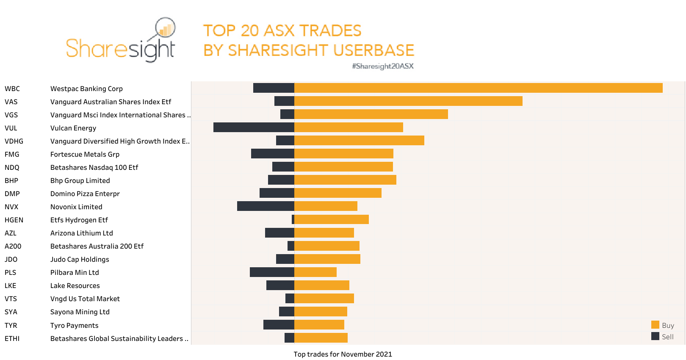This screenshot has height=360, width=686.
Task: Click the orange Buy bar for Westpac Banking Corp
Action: point(479,88)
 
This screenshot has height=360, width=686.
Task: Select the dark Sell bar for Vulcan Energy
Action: point(254,127)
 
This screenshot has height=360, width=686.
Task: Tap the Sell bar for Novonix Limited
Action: point(266,206)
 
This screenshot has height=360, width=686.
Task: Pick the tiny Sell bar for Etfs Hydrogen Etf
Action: point(293,219)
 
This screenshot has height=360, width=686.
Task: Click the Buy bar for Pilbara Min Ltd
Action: point(315,272)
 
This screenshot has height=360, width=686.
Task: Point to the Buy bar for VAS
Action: point(408,101)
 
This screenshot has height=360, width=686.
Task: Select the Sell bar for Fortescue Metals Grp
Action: point(272,154)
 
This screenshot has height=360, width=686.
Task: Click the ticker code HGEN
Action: point(14,220)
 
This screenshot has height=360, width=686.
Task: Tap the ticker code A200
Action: point(13,246)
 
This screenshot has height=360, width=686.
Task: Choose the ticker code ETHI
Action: point(12,339)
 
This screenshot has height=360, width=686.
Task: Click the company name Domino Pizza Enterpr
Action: point(85,194)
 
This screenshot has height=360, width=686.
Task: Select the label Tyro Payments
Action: point(74,326)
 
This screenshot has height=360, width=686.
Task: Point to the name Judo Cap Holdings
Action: point(80,260)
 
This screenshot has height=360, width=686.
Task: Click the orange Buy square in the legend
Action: point(655,325)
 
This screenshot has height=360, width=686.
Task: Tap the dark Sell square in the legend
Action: point(655,336)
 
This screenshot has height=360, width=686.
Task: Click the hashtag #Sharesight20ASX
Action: point(383,66)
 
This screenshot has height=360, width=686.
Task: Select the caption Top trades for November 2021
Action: point(343,354)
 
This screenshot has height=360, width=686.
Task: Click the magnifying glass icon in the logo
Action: point(165,28)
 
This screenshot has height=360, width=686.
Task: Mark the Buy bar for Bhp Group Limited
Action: point(345,180)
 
